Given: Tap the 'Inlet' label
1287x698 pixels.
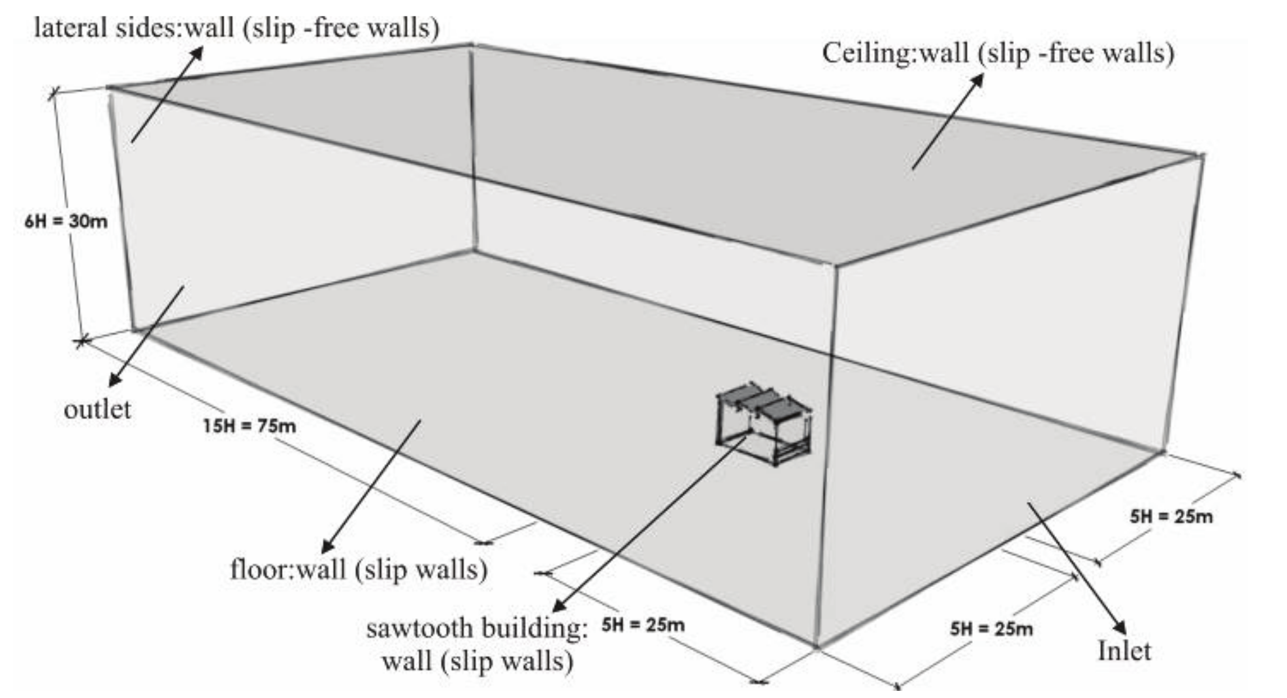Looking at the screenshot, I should click(x=1124, y=651).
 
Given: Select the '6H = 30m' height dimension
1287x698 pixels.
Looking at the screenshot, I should click(x=66, y=221).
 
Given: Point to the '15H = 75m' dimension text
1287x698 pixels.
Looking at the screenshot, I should click(x=249, y=426).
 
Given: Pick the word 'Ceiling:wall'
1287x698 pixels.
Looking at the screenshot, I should click(x=894, y=53).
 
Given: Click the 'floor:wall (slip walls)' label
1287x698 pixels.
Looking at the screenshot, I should click(x=359, y=569).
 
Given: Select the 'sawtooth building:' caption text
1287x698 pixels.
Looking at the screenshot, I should click(x=477, y=629).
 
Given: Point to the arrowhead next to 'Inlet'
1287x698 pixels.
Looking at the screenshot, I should click(x=1121, y=628).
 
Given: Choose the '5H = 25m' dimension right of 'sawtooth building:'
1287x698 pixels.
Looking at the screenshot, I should click(x=643, y=625).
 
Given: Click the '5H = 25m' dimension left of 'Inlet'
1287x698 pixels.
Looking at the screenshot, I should click(x=991, y=629).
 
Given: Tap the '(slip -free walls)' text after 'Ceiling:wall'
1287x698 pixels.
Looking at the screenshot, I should click(x=1076, y=53).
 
